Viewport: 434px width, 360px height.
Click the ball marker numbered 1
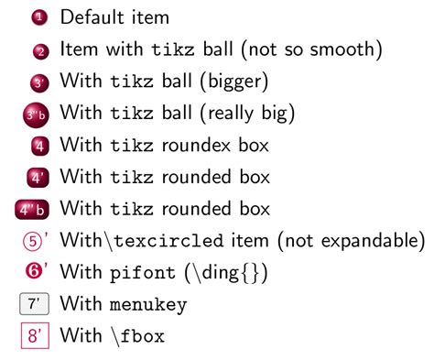(38, 17)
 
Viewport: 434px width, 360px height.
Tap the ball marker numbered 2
(38, 51)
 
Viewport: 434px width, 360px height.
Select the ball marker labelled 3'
(38, 82)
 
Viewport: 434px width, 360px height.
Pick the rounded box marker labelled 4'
(38, 178)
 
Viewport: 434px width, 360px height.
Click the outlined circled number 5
(31, 242)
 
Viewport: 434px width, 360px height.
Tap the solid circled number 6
(31, 272)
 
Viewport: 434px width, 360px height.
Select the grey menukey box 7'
(35, 304)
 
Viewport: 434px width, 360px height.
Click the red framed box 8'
(35, 336)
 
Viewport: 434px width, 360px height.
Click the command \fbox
(138, 336)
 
